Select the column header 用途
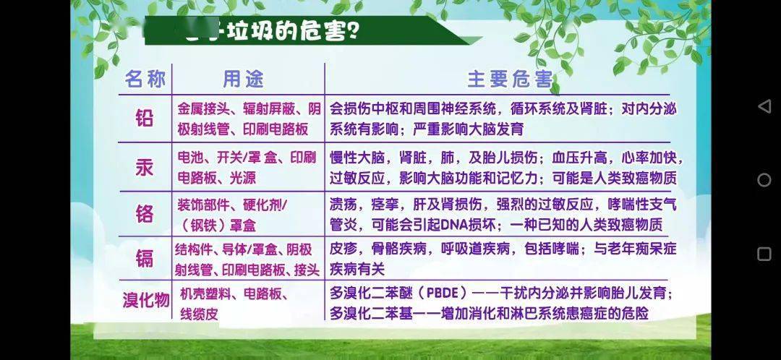pyautogui.click(x=243, y=79)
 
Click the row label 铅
pyautogui.click(x=145, y=119)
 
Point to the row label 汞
pyautogui.click(x=145, y=167)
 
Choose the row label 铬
pyautogui.click(x=145, y=214)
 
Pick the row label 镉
pyautogui.click(x=145, y=258)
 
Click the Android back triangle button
pyautogui.click(x=764, y=106)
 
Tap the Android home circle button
pyautogui.click(x=764, y=180)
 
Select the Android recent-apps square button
pyautogui.click(x=764, y=254)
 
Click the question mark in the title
pyautogui.click(x=355, y=32)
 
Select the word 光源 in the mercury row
pyautogui.click(x=242, y=177)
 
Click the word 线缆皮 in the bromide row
pyautogui.click(x=199, y=314)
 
